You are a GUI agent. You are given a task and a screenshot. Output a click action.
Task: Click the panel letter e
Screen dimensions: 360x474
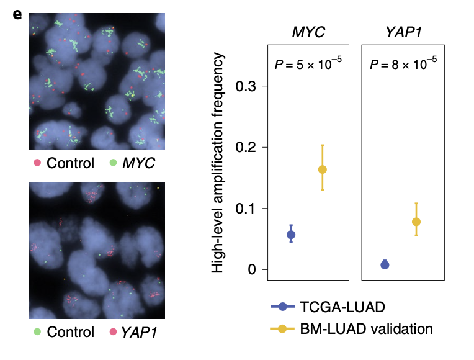[x=17, y=14]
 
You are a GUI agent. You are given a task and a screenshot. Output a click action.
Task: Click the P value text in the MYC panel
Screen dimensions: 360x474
[x=308, y=63]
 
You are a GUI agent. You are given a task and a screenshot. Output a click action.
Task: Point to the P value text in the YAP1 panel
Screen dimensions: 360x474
[x=403, y=63]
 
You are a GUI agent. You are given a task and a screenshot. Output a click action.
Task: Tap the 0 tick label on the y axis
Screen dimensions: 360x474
[x=250, y=269]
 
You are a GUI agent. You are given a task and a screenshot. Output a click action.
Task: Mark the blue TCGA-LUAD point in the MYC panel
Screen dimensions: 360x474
[x=290, y=235]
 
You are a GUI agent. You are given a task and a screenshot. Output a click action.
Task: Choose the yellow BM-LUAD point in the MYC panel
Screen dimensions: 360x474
[x=323, y=169]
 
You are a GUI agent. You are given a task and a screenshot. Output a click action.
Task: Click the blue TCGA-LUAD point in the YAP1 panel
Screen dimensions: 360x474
[x=385, y=265]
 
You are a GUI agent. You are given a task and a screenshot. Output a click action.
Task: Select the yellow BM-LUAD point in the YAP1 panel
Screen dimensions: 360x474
[x=416, y=222]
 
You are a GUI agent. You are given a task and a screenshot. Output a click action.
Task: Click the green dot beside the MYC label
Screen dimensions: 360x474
[x=113, y=163]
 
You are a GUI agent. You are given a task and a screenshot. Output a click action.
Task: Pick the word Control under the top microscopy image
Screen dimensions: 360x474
[x=70, y=163]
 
